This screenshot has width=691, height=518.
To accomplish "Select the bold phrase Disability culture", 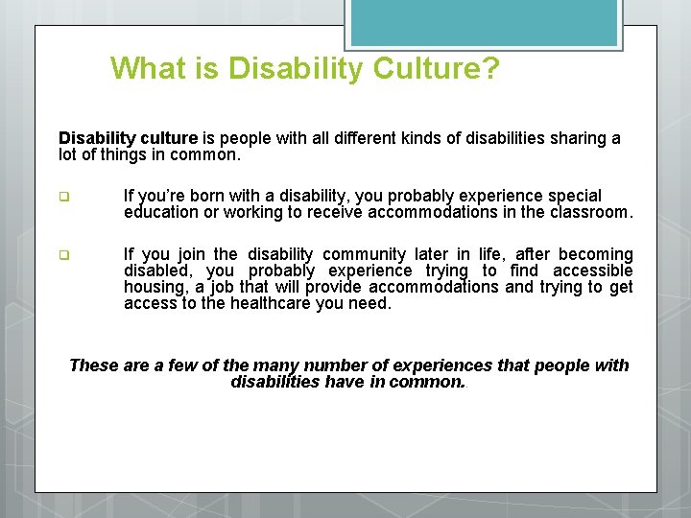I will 128,138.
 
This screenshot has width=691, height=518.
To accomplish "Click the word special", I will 574,196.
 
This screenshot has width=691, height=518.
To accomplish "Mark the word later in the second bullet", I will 433,254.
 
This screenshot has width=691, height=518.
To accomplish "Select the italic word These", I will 94,365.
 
